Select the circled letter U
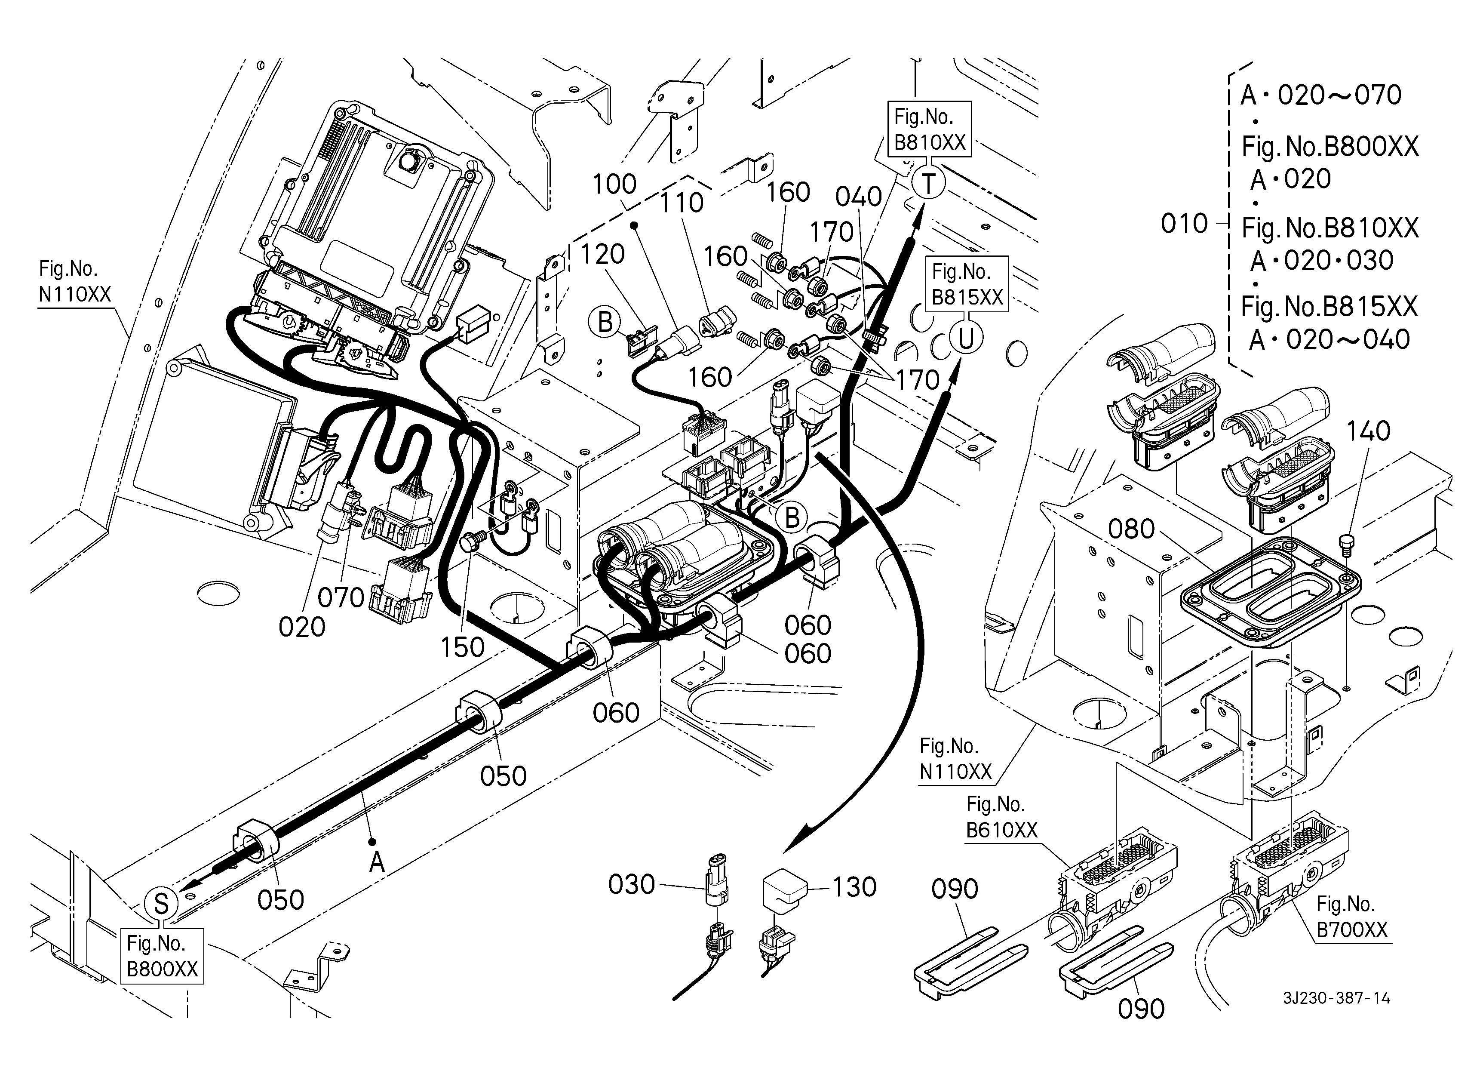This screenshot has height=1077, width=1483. [966, 338]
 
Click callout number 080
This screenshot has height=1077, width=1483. [1131, 529]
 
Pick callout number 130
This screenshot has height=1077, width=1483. [854, 887]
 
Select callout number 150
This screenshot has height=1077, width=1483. [462, 647]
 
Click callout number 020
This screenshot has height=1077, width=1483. [301, 627]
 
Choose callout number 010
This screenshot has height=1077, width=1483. [1184, 224]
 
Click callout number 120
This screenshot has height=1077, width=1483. [602, 254]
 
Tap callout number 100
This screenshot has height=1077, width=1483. [614, 185]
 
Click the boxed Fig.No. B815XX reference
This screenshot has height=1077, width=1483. [967, 284]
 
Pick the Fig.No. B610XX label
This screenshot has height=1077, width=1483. [1001, 817]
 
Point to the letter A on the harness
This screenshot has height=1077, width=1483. [377, 862]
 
